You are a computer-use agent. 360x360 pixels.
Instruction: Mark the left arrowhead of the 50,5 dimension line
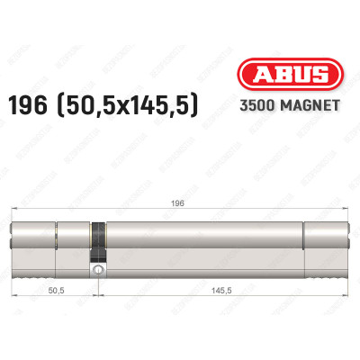(15, 281)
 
